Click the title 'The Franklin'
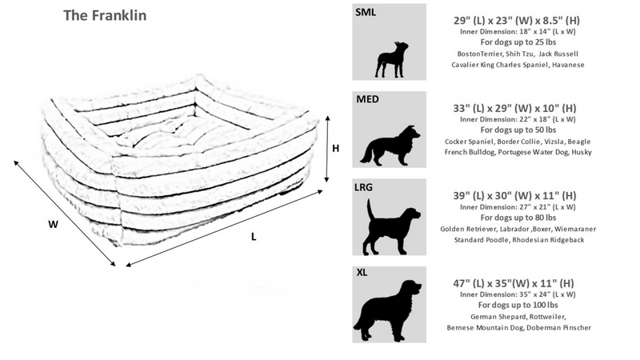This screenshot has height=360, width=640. [105, 15]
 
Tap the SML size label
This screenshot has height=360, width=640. [366, 14]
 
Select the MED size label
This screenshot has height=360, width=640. [367, 101]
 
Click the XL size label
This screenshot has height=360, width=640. [362, 273]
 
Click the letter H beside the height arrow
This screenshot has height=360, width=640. [337, 148]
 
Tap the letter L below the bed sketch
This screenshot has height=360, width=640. [254, 237]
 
